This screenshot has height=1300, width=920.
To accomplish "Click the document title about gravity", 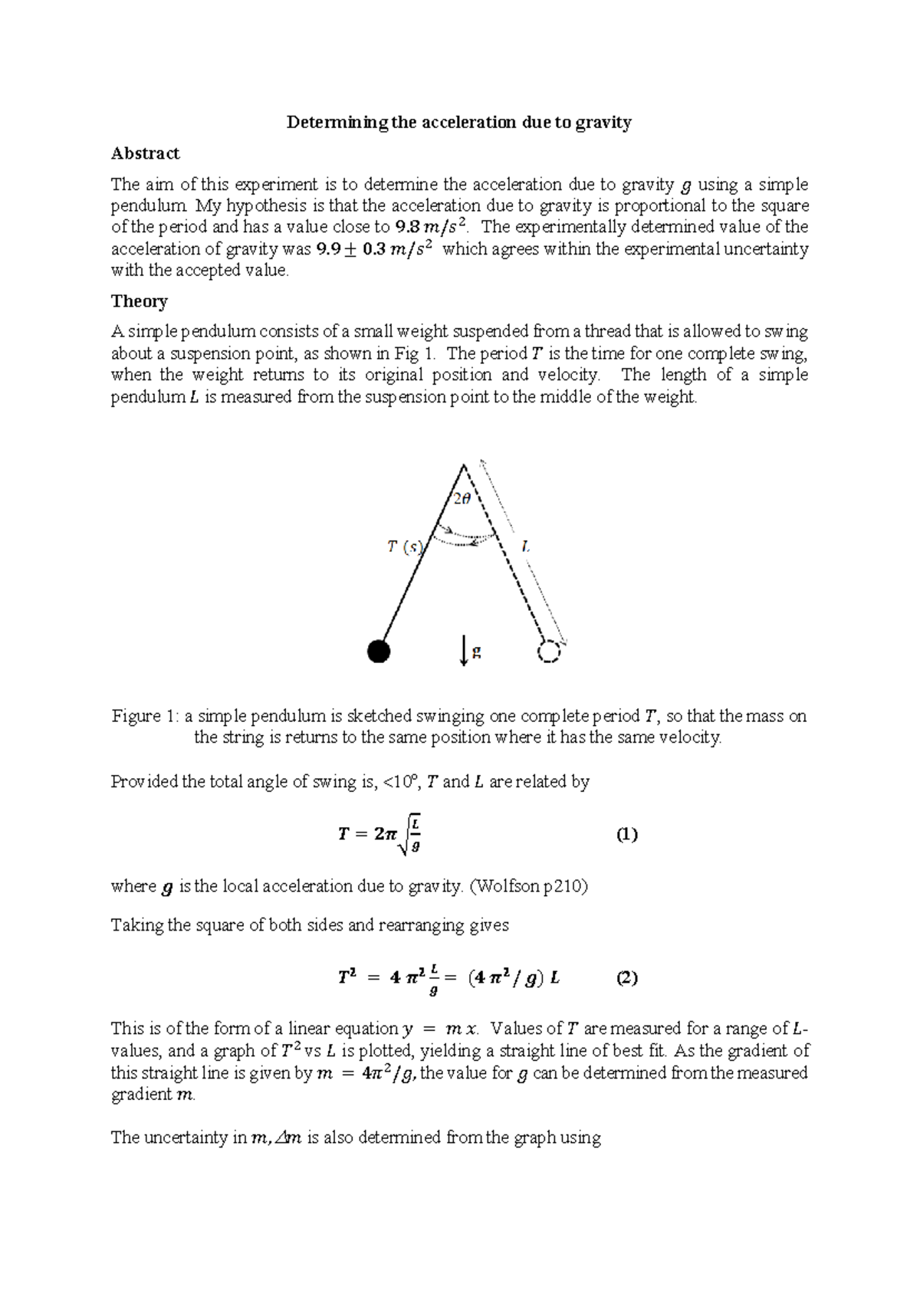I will [x=458, y=123].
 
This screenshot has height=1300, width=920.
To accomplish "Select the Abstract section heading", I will [x=145, y=153].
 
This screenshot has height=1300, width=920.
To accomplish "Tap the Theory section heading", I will [x=139, y=301].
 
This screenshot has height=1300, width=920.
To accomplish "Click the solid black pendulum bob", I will [x=379, y=652].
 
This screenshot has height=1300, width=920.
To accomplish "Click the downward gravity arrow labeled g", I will [x=465, y=652].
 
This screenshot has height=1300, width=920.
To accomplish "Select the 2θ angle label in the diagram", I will [x=462, y=500].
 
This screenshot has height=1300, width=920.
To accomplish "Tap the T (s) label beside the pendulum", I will [x=405, y=547].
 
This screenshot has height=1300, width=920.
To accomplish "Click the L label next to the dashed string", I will [x=525, y=547].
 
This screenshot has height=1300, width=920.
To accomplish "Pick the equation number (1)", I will [x=627, y=835].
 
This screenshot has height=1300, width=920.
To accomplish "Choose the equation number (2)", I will [x=627, y=978].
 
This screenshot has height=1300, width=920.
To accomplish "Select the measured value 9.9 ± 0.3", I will [x=375, y=249].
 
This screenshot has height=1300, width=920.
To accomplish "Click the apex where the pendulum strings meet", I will [x=464, y=465].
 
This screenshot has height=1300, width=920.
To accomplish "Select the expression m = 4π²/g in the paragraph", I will [x=366, y=1073].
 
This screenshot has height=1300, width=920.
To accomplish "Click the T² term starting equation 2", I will [x=347, y=978].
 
